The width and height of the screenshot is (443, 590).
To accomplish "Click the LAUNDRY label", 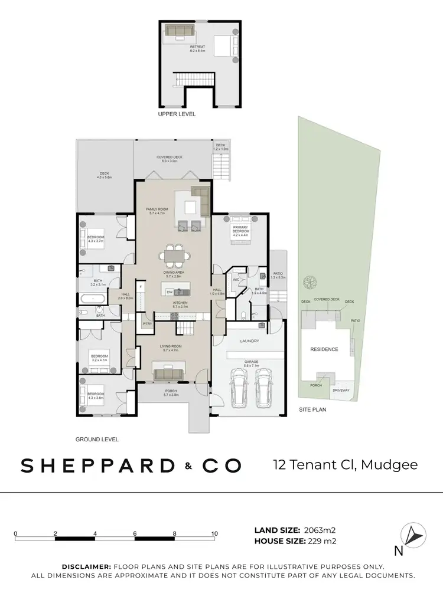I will [x=249, y=340].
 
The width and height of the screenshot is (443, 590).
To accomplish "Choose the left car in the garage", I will [x=239, y=389].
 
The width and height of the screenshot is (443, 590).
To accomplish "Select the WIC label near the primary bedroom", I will [x=235, y=279].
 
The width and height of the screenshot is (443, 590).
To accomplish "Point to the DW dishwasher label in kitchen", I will [x=170, y=291].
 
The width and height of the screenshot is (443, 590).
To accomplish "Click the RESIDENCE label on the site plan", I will [x=324, y=349].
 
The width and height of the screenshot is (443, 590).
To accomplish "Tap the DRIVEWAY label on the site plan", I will [x=341, y=390].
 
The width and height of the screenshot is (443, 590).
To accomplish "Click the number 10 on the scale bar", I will [x=214, y=533].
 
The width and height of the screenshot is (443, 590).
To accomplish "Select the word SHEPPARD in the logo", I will [x=97, y=466].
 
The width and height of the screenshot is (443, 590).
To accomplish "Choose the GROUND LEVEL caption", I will [x=97, y=440].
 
